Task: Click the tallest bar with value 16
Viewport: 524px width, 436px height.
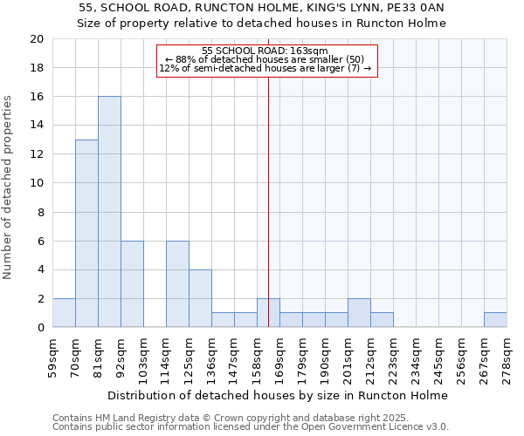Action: [109, 212]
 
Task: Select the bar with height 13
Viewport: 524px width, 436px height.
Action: [86, 234]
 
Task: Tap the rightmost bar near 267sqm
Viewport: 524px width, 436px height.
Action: [495, 320]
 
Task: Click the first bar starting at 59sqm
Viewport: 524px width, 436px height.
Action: [64, 313]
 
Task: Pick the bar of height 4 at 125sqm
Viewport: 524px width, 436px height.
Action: [200, 298]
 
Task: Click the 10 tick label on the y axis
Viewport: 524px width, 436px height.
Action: [37, 183]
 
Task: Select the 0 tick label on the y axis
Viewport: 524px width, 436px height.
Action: [40, 328]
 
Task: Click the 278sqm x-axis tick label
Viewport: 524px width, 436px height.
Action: [507, 355]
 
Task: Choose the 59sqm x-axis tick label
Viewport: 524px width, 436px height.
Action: [52, 355]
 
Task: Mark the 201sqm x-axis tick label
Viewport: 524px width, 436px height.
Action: [348, 355]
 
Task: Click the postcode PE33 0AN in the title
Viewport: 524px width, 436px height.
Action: [416, 8]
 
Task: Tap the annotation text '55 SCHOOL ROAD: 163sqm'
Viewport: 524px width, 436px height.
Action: [265, 51]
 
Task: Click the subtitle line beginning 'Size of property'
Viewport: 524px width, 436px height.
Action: [261, 24]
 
